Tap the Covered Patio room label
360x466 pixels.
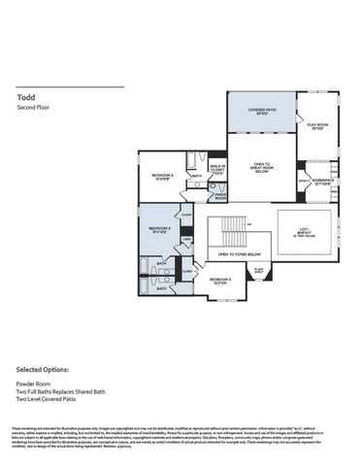261,112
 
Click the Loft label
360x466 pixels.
305,231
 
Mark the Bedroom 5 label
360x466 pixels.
220,280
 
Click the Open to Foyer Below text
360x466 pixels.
236,254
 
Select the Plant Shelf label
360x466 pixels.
259,270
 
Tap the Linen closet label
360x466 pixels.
186,239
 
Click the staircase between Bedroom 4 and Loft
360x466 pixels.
229,232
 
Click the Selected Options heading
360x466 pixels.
43,370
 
